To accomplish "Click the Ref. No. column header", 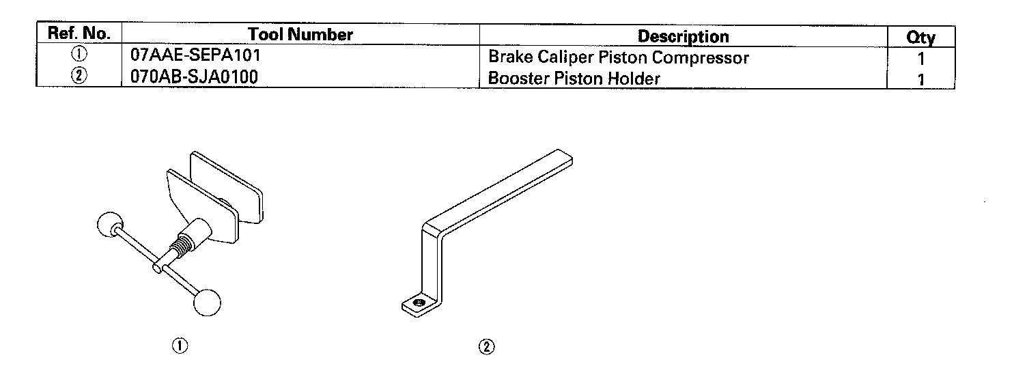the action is (79, 35).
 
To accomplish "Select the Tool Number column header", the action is (300, 35).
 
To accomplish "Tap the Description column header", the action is (683, 36).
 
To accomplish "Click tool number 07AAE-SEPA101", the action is (195, 56).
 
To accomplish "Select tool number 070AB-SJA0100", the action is (194, 77).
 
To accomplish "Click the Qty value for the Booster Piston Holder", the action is (920, 79).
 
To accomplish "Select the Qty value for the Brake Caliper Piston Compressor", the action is (920, 59).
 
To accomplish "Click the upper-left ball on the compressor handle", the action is (109, 226).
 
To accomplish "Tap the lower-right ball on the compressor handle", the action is (208, 302).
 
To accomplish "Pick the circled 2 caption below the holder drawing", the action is (486, 347).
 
